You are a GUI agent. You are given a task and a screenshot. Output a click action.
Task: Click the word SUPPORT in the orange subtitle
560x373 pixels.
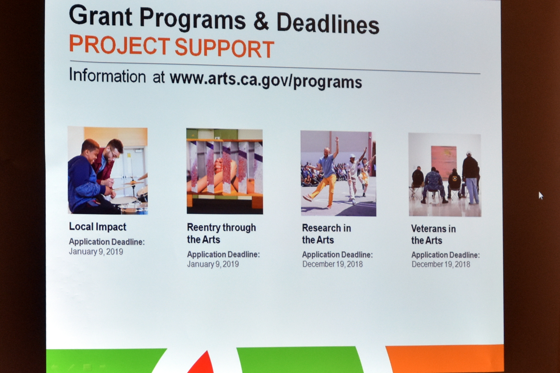224,48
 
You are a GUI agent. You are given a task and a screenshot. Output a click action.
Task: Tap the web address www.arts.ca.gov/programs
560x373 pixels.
266,80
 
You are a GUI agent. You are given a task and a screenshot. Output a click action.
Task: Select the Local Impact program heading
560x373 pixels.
97,227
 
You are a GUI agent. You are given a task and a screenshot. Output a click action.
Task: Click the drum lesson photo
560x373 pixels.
108,171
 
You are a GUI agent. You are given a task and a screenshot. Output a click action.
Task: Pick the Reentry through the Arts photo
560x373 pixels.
225,171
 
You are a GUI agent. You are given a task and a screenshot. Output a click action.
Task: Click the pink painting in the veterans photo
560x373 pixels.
443,159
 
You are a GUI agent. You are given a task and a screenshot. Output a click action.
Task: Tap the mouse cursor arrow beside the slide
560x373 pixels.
541,196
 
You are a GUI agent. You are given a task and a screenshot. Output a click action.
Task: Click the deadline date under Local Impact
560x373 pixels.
96,252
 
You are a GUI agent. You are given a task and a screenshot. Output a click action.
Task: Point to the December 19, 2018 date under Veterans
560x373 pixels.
441,264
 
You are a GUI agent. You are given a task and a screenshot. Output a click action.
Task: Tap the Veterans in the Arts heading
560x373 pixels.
433,234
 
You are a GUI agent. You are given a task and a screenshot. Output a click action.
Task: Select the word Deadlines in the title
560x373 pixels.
328,24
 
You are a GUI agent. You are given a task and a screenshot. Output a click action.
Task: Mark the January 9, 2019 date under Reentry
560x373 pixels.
213,264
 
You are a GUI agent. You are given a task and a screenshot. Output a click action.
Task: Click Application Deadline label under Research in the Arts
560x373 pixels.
337,255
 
